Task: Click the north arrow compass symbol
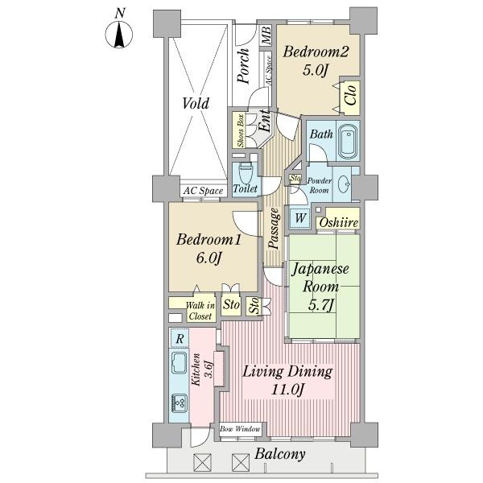point(119,35)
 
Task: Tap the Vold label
point(196,103)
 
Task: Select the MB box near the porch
point(266,35)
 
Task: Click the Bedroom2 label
point(316,52)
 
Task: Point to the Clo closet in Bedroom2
point(350,97)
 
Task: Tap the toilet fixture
point(246,172)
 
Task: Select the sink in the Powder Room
point(344,184)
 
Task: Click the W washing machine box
point(300,218)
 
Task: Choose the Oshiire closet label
point(339,222)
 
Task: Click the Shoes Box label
point(240,130)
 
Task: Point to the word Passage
point(275,229)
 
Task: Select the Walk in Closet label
point(200,311)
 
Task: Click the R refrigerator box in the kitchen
point(180,339)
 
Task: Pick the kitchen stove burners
point(180,403)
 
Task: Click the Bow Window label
point(240,428)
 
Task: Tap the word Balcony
point(280,454)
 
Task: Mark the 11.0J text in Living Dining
point(287,390)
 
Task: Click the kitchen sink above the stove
point(180,362)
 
